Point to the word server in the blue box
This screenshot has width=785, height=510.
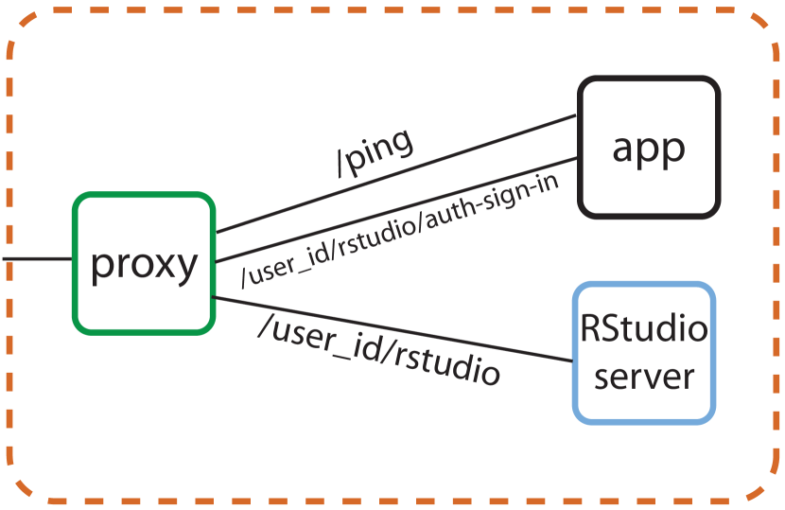pos(643,377)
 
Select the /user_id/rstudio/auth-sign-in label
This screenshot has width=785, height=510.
pos(400,230)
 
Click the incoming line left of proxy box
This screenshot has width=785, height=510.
pos(36,257)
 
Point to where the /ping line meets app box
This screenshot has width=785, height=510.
pos(578,117)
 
